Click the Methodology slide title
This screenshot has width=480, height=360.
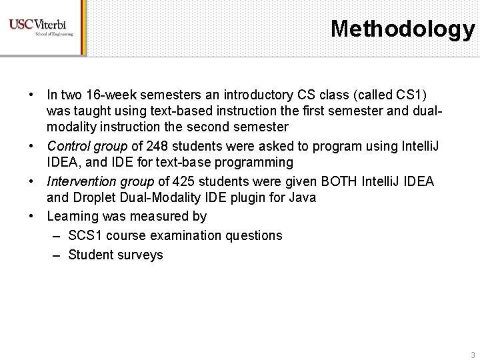click(402, 29)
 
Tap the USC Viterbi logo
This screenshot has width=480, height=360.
click(41, 27)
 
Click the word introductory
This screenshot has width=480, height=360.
click(235, 90)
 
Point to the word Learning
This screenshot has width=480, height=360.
click(71, 216)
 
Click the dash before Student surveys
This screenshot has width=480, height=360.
click(56, 254)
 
